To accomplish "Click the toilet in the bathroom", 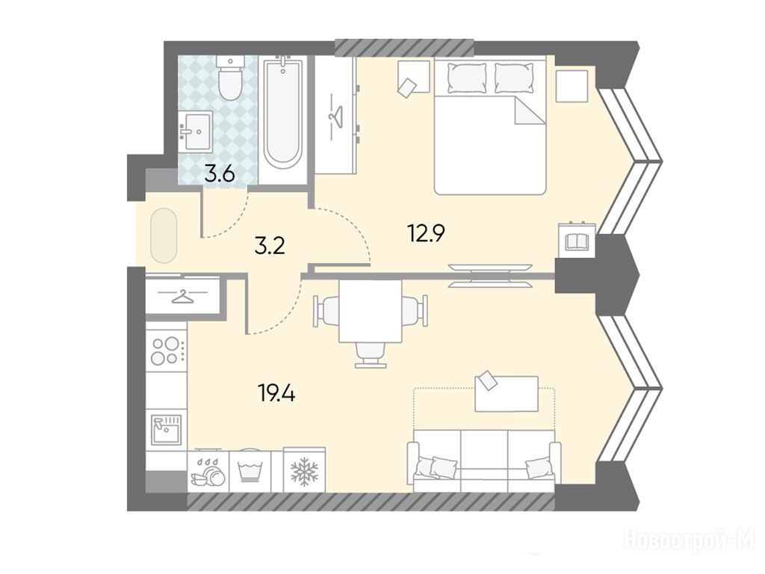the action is [230, 77].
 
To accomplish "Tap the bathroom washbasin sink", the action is [196, 130].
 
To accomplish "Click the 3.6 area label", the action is [220, 174].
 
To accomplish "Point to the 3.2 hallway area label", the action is [270, 247].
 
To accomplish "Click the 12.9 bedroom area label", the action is [426, 233].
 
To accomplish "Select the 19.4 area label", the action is [277, 392].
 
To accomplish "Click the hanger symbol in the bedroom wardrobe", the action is [335, 117].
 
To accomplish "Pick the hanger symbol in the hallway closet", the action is [182, 296].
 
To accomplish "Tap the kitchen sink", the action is [166, 430].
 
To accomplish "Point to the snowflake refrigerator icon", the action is [305, 471].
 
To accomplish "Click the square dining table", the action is [371, 311].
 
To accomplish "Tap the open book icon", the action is [577, 241].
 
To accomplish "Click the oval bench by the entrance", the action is [164, 235].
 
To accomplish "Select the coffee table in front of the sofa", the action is [507, 393].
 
